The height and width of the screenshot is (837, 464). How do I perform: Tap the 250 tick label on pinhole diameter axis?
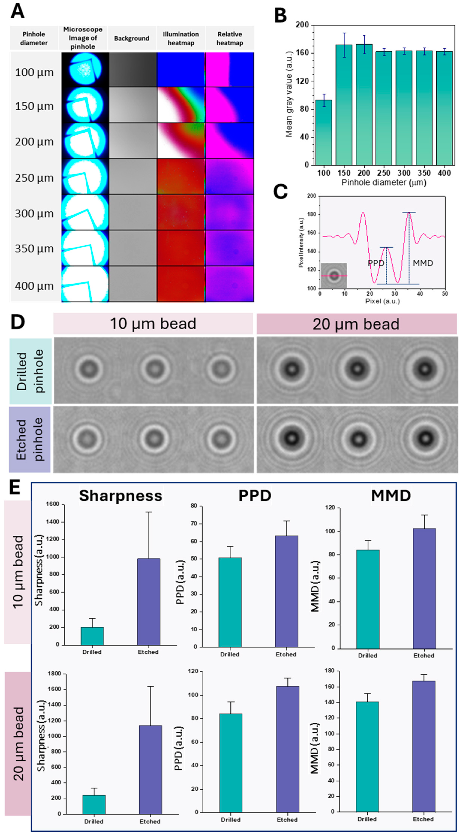384,173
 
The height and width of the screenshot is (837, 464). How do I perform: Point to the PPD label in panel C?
376,263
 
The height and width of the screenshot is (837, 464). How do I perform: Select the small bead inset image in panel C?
334,276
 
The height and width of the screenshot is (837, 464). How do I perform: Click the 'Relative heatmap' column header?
230,38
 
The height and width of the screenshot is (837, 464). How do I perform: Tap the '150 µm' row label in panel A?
34,106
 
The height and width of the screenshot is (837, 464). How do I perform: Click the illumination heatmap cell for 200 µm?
181,141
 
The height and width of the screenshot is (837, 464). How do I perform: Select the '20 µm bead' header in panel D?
356,324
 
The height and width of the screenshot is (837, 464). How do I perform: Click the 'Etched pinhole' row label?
30,439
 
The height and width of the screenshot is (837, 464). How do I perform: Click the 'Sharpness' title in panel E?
121,496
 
